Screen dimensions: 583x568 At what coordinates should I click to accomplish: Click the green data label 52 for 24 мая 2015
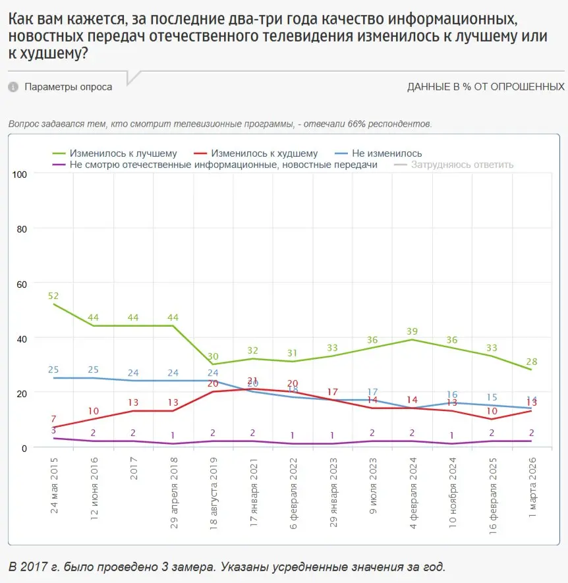click(53, 296)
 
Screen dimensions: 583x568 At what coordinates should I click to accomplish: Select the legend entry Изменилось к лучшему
click(115, 153)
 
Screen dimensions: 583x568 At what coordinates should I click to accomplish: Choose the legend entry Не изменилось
click(378, 153)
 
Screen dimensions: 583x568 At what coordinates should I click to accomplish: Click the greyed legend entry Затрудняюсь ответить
click(461, 165)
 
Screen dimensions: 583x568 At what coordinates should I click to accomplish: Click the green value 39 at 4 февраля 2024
click(412, 331)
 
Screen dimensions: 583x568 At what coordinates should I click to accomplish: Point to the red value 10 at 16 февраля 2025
click(492, 411)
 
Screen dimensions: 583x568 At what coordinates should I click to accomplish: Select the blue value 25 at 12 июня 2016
click(93, 370)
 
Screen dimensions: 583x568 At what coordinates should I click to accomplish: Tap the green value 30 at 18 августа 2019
click(213, 356)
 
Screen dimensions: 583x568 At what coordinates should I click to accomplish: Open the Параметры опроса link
click(69, 87)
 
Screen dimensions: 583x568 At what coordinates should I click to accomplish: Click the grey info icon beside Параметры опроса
click(13, 87)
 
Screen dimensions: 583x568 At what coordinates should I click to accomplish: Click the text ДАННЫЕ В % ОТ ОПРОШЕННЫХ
click(486, 87)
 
